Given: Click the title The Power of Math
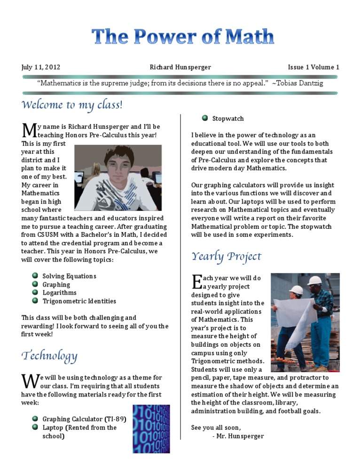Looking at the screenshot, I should coord(182,37).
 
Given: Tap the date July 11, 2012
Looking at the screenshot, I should coord(41,67).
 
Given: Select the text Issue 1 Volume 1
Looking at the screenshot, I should coord(314,67).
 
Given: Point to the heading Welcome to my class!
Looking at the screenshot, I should coord(72,104).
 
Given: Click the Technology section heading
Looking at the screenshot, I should coord(49,356).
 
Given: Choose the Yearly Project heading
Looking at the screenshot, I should coord(226,257).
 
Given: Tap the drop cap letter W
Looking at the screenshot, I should coord(30,381).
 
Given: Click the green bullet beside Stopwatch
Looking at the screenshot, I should coord(204,118).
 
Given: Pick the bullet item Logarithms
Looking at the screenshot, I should coord(56,293).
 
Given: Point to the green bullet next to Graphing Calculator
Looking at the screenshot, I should coord(35,418).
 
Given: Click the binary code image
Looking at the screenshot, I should coord(151,428).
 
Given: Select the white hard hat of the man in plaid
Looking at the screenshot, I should coord(315,280).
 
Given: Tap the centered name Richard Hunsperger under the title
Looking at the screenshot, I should coord(180,67).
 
